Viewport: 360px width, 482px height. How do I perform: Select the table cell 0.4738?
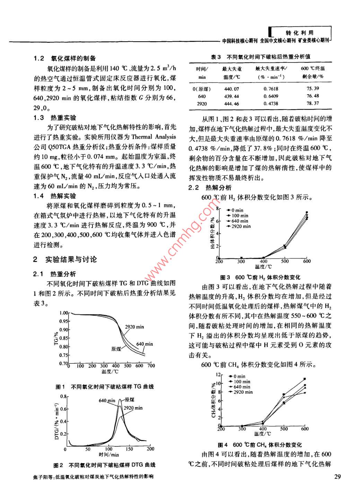271,103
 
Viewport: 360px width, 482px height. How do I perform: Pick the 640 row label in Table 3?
202,96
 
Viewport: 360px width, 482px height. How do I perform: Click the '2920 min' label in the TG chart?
134,327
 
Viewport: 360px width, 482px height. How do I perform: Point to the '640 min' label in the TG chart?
144,344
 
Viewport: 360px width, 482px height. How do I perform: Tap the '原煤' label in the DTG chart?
130,400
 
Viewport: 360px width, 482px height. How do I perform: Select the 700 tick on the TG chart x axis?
151,366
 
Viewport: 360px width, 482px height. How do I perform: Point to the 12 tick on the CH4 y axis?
218,375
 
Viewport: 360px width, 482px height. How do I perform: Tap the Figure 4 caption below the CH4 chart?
260,445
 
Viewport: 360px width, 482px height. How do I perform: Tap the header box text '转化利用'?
299,33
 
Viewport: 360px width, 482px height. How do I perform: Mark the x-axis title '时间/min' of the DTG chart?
108,455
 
